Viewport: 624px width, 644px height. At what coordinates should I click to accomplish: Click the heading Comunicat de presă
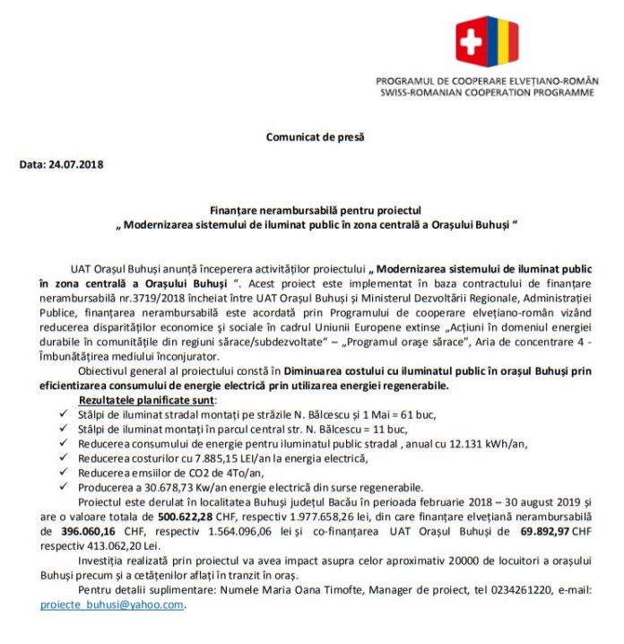(x=315, y=136)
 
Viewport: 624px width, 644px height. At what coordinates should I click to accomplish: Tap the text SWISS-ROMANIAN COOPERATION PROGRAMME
(x=486, y=92)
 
